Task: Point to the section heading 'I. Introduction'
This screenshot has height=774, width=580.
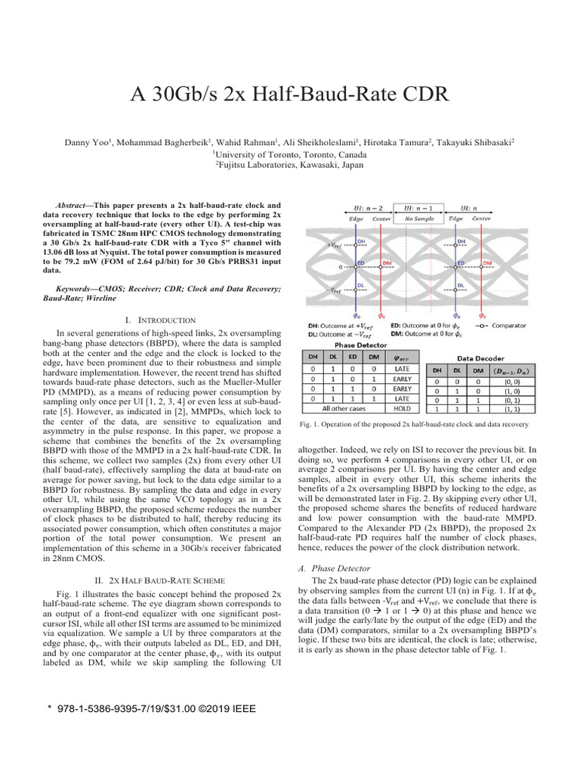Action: (164, 320)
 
